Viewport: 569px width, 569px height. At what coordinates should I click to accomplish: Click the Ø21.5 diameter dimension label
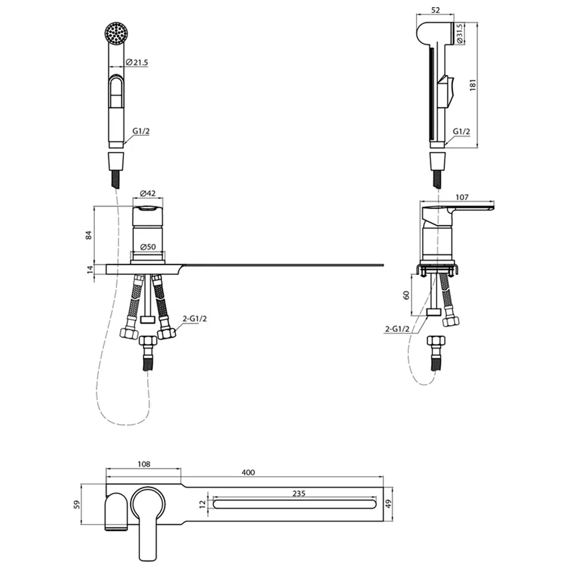click(137, 63)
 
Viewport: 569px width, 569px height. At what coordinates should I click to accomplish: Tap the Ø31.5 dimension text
click(460, 34)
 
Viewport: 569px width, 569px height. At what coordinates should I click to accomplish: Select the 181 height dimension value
click(473, 85)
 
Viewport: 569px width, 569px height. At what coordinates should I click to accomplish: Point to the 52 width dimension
click(436, 10)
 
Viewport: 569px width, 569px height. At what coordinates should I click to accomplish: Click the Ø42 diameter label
click(147, 193)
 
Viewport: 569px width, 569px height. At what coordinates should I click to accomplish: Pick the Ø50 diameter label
click(147, 247)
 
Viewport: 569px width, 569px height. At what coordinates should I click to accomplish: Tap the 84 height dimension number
click(89, 235)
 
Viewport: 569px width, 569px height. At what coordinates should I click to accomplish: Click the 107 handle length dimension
click(462, 197)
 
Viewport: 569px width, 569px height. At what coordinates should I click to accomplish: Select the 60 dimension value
click(406, 295)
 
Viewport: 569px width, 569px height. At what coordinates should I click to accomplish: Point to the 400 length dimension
click(248, 472)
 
